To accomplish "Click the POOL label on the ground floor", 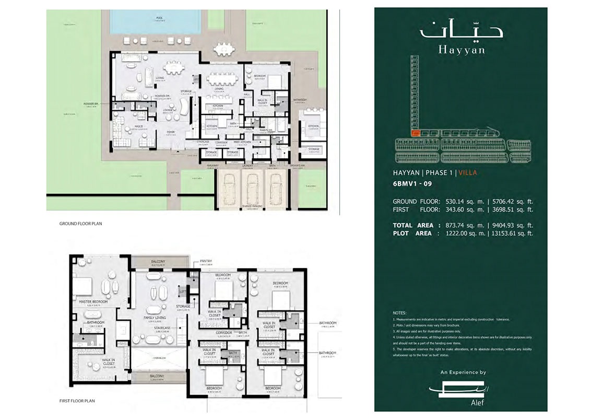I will coord(159,17).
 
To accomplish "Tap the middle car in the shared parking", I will coord(252,186).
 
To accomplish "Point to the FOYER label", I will coord(171,132).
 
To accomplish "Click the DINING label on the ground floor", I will coord(219,89).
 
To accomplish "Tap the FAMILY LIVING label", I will coord(155,318).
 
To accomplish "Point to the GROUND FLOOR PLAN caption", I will coord(80,223).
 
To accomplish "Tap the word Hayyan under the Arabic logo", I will coord(461,51).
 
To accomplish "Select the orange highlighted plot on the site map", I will coord(415,133).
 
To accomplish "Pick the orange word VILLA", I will coord(468,172).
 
